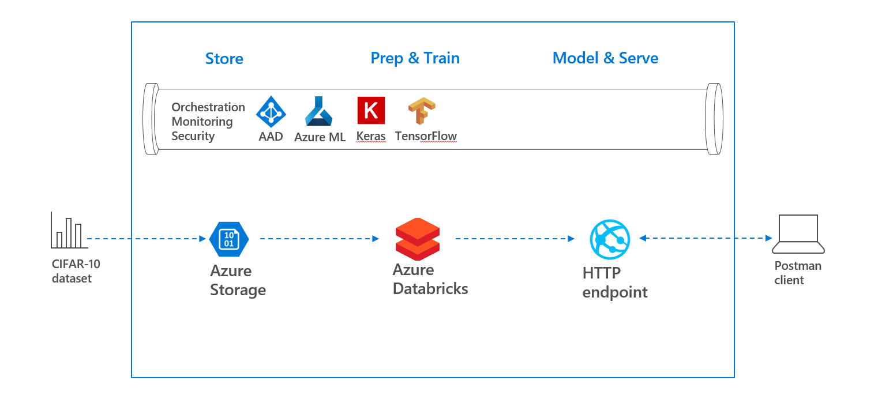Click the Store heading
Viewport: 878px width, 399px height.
(224, 59)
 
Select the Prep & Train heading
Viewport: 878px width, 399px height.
(415, 58)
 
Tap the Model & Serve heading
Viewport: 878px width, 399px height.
(605, 58)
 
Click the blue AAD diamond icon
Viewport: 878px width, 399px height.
(271, 112)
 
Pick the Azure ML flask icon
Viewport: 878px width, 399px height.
(318, 111)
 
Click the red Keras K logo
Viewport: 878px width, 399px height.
(371, 110)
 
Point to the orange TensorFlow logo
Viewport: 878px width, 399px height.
(422, 111)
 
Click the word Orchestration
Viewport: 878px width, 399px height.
(208, 107)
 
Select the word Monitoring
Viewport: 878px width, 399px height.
(202, 122)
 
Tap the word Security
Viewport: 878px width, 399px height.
(193, 136)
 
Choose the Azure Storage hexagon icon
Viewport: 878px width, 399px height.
(229, 239)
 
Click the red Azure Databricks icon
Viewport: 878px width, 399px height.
(418, 239)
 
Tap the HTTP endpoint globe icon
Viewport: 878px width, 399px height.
(610, 239)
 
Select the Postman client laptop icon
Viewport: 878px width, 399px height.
(798, 234)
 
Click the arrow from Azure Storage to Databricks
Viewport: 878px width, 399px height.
(320, 238)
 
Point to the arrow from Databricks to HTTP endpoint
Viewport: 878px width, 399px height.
(515, 238)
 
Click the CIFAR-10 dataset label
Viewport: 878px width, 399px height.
(76, 271)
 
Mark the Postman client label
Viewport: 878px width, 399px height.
(798, 273)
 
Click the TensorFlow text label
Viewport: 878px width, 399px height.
(426, 136)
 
